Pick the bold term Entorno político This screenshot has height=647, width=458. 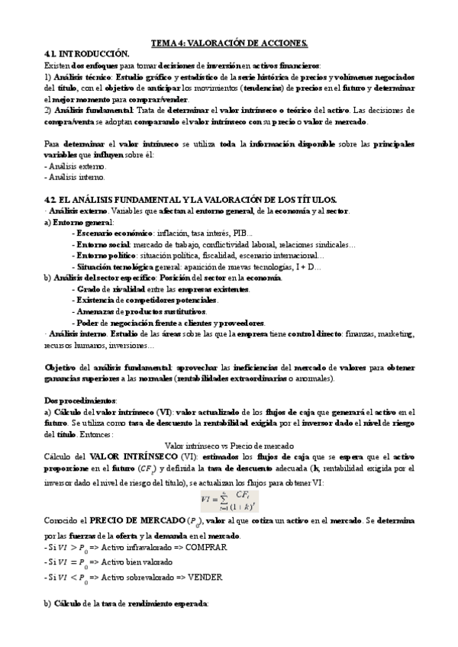106,256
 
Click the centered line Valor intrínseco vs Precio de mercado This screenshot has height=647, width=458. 229,445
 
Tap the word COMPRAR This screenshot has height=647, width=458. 205,546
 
